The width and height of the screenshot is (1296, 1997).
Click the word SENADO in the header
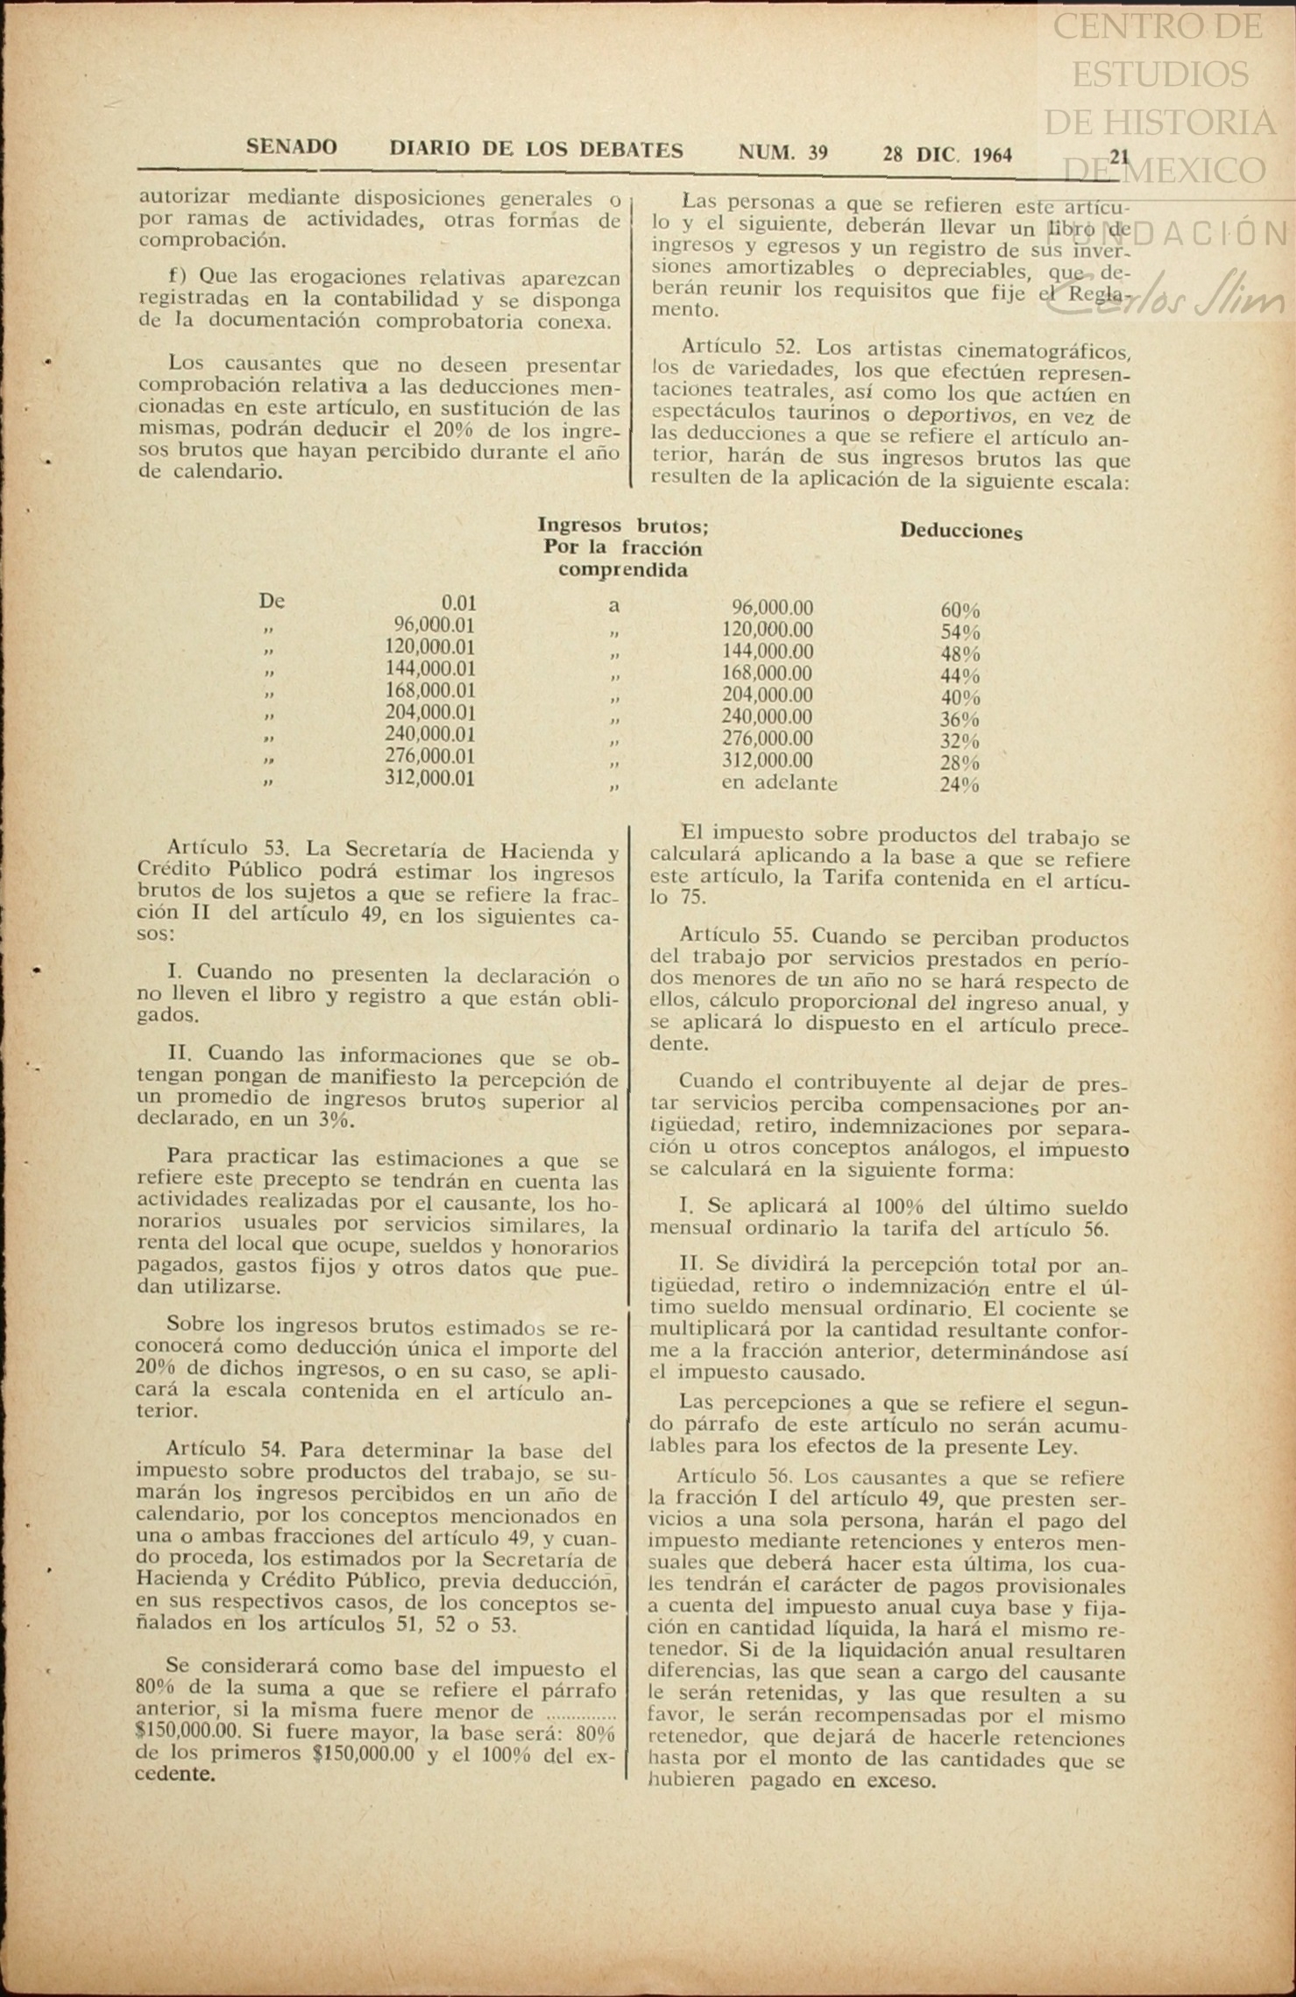tap(291, 147)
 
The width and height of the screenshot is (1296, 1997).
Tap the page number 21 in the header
tap(1119, 156)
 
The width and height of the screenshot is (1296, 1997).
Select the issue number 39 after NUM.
tap(818, 153)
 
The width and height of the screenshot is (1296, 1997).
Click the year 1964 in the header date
tap(992, 155)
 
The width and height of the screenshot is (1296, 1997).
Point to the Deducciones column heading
tap(961, 532)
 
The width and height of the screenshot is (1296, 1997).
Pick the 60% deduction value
tap(960, 610)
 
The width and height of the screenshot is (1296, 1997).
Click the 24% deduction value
tap(960, 785)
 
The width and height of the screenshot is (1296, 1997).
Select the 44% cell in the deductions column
tap(960, 676)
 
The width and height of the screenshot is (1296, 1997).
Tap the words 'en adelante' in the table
tap(779, 783)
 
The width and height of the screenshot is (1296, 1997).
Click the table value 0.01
tap(458, 603)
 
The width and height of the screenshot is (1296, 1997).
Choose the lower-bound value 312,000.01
tap(429, 779)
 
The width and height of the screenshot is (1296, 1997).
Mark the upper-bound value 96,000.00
tap(772, 608)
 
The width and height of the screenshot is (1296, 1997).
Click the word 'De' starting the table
tap(272, 602)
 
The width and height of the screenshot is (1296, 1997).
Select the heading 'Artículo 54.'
tap(230, 1450)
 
